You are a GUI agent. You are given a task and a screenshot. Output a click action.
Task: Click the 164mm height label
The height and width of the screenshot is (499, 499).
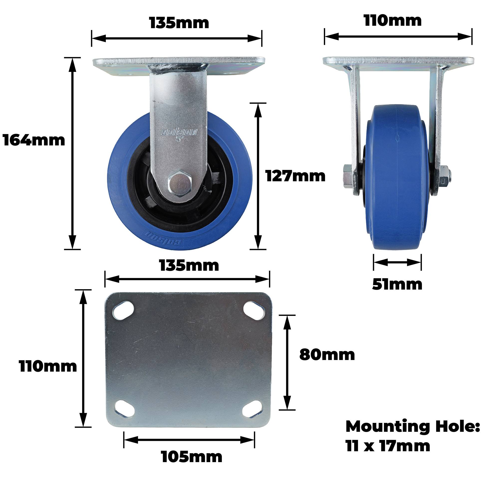tap(34, 141)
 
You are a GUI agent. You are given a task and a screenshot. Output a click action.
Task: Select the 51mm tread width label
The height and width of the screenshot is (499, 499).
tap(397, 284)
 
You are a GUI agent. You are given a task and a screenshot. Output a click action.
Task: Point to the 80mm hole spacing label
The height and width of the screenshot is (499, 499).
tap(327, 355)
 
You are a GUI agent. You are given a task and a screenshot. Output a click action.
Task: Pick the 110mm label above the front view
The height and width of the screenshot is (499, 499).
tap(392, 21)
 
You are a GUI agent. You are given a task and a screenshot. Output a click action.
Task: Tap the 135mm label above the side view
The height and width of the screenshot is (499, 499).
tap(179, 23)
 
